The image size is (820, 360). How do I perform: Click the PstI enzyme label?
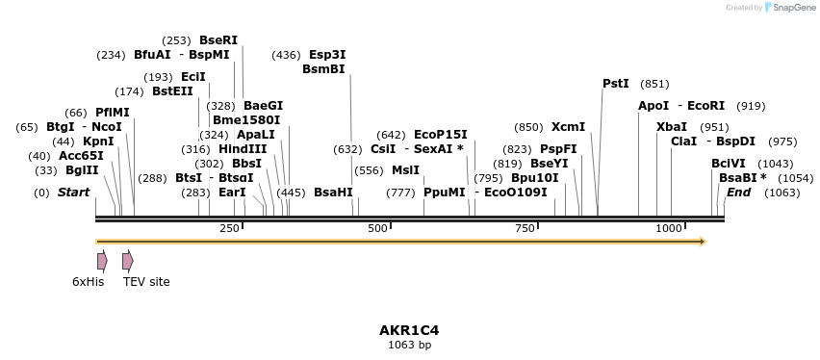tap(615, 84)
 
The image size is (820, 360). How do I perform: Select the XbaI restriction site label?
tap(672, 127)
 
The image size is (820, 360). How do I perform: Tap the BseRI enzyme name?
tap(218, 40)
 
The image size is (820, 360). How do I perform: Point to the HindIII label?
tap(243, 149)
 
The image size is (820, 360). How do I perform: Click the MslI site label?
tap(405, 170)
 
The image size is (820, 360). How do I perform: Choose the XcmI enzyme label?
tap(568, 127)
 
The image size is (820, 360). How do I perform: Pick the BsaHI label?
tap(333, 193)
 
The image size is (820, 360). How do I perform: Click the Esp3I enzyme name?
tap(327, 55)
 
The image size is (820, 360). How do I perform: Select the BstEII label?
tap(172, 91)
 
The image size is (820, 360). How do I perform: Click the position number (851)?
tap(654, 84)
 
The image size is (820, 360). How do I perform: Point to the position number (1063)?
tap(782, 193)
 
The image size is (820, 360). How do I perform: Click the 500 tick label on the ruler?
tap(377, 228)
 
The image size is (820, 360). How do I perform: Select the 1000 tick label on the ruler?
tap(669, 228)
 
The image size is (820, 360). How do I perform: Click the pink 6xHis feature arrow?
tap(102, 261)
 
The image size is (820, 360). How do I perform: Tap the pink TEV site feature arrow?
tap(127, 261)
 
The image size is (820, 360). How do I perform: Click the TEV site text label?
tap(146, 282)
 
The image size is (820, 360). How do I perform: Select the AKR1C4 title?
tap(409, 330)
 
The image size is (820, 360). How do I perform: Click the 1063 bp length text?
tap(409, 345)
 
